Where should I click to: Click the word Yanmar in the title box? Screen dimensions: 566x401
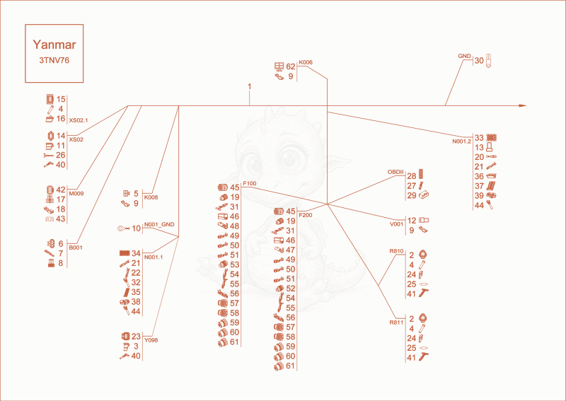tap(54, 45)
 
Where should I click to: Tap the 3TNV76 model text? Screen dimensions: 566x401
tap(54, 61)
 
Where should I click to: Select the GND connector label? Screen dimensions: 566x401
tap(465, 56)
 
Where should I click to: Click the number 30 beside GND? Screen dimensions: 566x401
tap(479, 61)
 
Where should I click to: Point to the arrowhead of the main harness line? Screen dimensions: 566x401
tap(523, 106)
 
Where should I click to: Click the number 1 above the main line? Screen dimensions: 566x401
tap(250, 86)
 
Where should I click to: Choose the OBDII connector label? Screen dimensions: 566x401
tap(395, 172)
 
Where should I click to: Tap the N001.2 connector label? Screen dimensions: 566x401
tap(462, 141)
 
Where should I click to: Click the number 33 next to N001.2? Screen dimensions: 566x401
tap(479, 137)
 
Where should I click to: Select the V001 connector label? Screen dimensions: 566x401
tap(397, 224)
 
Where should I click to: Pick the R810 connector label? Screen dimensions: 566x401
tap(396, 251)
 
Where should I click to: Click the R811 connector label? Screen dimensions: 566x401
tap(396, 322)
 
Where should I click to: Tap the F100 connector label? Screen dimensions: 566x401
tap(250, 183)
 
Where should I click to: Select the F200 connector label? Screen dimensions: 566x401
tap(306, 216)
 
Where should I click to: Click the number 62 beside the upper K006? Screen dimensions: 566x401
tap(291, 66)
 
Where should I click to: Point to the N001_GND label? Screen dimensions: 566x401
tap(159, 224)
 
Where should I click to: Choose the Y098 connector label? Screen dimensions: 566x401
tap(151, 340)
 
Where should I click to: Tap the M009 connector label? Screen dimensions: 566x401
tap(76, 194)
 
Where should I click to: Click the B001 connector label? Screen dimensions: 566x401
tap(76, 248)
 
